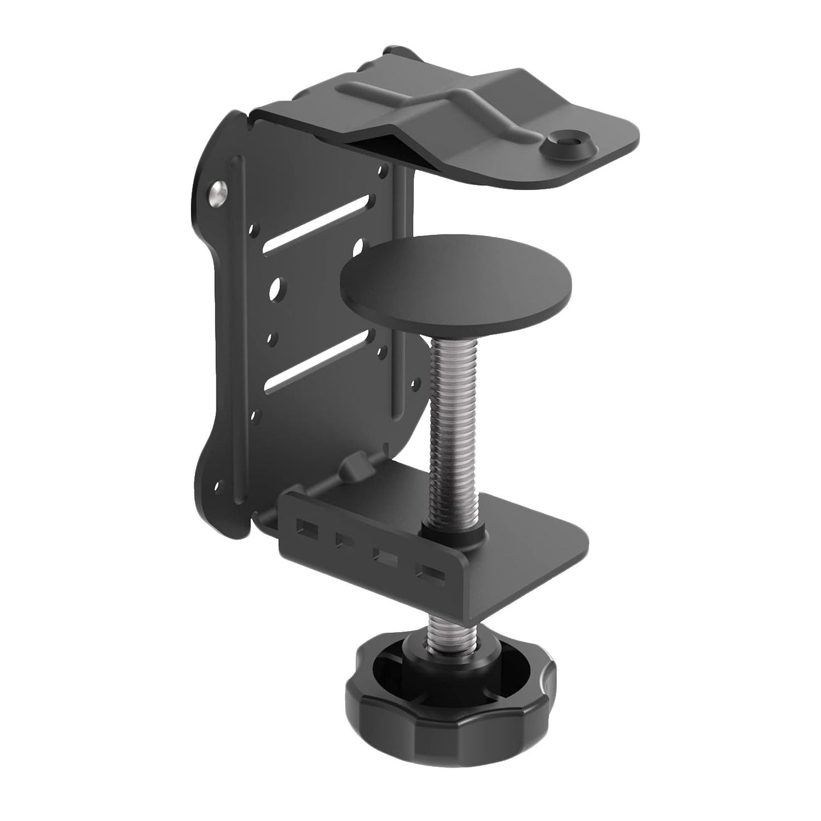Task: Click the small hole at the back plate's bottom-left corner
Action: click(219, 486)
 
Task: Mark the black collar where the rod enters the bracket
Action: click(455, 531)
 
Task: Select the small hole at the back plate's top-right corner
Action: click(386, 169)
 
